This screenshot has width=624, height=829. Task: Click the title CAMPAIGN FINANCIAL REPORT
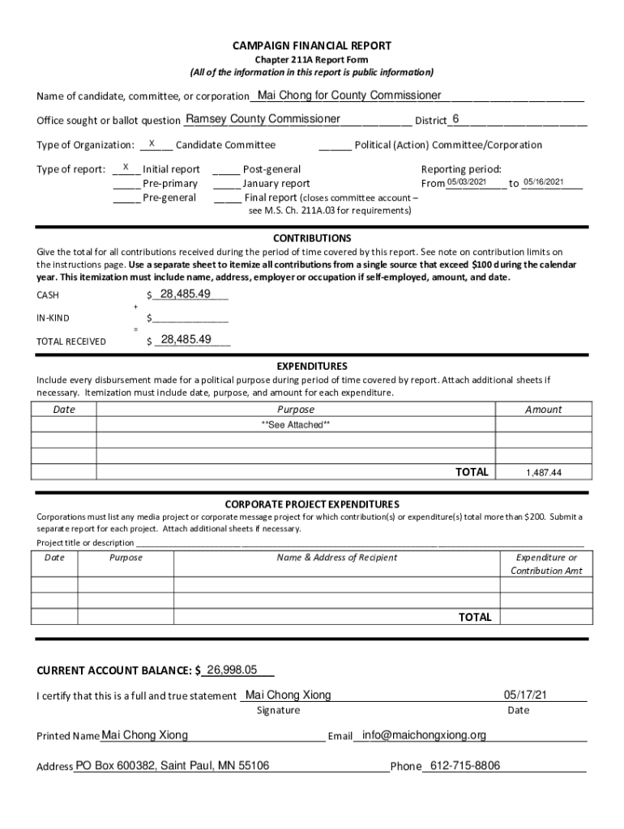click(x=312, y=46)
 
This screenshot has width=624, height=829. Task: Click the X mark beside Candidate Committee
click(x=152, y=143)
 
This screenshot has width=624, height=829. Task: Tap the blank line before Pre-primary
click(x=126, y=184)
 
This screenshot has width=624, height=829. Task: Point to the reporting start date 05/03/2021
click(x=467, y=182)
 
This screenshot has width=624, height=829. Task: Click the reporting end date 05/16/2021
click(x=542, y=182)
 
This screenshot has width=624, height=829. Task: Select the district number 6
click(x=456, y=119)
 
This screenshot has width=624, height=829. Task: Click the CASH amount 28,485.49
click(x=186, y=294)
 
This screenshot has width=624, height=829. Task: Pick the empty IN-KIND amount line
click(x=190, y=318)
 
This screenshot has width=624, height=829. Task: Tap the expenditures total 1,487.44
click(x=544, y=473)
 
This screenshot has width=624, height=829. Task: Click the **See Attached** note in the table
click(x=295, y=425)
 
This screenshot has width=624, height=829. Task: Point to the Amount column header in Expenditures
click(x=543, y=410)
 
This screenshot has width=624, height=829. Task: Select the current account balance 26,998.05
click(x=232, y=670)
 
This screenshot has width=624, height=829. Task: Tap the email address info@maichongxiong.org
click(x=425, y=735)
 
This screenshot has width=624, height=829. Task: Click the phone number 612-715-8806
click(x=465, y=766)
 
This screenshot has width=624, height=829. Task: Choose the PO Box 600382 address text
click(x=173, y=766)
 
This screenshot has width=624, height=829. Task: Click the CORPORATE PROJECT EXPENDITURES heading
click(x=312, y=504)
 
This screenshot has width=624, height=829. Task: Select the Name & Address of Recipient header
click(x=337, y=557)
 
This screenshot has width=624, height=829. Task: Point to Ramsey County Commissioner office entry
click(x=263, y=119)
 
